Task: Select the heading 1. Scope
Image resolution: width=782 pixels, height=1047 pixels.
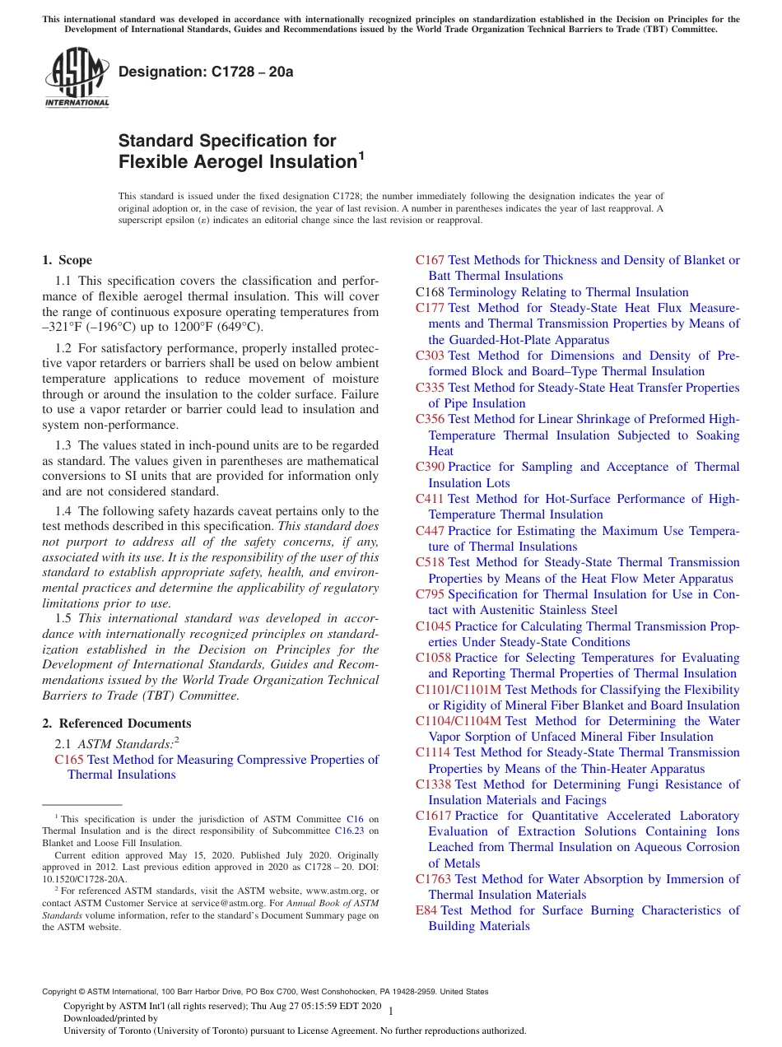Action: click(x=67, y=260)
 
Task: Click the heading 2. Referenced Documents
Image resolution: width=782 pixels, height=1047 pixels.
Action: click(x=117, y=724)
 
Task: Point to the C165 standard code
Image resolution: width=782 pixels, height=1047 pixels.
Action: click(x=69, y=759)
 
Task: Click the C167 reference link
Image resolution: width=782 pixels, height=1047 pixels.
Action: click(x=430, y=260)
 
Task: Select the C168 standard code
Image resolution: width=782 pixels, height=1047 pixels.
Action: click(x=430, y=292)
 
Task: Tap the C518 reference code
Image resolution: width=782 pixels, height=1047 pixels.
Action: click(x=430, y=562)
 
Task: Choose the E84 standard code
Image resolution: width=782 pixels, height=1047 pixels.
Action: click(x=426, y=910)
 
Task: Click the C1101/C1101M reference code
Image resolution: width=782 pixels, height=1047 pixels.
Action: click(x=458, y=690)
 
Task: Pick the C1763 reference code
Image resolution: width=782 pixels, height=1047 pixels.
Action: click(x=433, y=879)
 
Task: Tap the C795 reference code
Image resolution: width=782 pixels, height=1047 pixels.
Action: click(x=430, y=594)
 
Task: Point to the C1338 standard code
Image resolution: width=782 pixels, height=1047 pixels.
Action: click(x=433, y=784)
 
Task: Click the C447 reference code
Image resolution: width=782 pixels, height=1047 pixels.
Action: click(x=430, y=531)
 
